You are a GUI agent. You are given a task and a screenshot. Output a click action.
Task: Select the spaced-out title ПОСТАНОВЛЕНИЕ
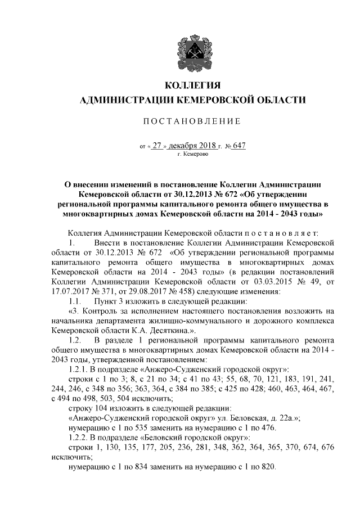[x=193, y=121]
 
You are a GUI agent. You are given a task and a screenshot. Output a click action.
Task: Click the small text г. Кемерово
[x=192, y=153]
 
